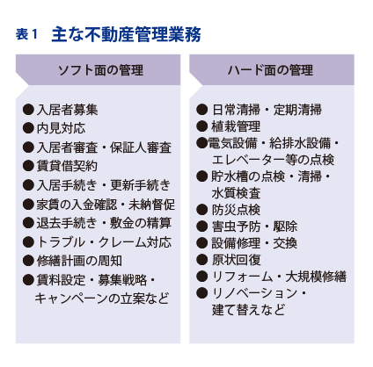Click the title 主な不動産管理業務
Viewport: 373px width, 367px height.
[x=127, y=34]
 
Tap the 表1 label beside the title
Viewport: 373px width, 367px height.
[x=26, y=34]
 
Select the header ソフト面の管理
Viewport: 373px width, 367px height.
[x=101, y=70]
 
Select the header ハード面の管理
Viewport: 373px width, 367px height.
[x=270, y=70]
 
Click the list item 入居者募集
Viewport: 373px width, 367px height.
[x=67, y=110]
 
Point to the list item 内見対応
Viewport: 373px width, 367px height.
[x=61, y=128]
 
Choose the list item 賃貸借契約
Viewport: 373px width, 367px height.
[x=67, y=166]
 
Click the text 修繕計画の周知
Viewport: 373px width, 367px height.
[x=79, y=261]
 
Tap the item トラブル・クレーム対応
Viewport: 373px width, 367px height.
[x=104, y=242]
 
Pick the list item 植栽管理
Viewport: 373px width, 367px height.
[x=236, y=126]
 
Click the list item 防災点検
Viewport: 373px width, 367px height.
[x=236, y=210]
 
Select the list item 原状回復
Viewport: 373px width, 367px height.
[x=236, y=260]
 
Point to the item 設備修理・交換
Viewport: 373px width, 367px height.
[x=254, y=243]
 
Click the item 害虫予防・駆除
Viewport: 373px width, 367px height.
[x=254, y=227]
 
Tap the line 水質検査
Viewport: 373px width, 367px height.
[x=236, y=193]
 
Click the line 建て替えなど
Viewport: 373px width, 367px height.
[x=248, y=310]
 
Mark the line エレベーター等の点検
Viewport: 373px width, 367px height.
[x=273, y=160]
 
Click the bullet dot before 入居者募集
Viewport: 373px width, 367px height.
[x=28, y=110]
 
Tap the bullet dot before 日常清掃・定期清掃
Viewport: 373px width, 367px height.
[x=201, y=110]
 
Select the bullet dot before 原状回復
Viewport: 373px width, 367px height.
[x=201, y=260]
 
